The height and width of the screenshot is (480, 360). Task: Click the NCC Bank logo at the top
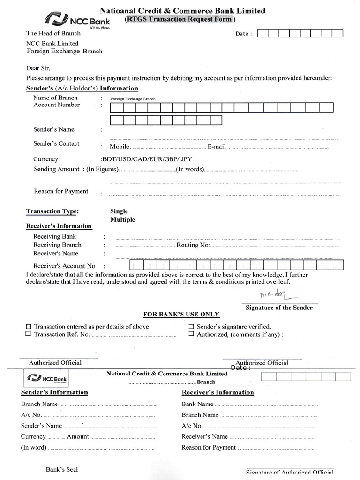pos(77,20)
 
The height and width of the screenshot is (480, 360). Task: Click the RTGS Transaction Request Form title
pos(180,19)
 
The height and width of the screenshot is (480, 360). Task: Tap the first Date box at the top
pos(263,33)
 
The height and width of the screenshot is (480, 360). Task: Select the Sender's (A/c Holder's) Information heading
pos(82,88)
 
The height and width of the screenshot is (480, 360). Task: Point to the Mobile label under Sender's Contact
pos(120,147)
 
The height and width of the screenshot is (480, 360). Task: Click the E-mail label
pos(217,147)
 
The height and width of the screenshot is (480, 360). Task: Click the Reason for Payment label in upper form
pos(61,191)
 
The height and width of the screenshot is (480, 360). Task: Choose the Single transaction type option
pos(119,211)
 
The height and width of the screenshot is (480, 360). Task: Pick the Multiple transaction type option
pos(122,219)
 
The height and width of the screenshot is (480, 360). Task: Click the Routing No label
pos(193,245)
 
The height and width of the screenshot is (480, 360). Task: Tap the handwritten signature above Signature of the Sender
pos(274,295)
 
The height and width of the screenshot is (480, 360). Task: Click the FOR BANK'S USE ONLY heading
pos(181,314)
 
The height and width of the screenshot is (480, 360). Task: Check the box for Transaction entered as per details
pos(28,327)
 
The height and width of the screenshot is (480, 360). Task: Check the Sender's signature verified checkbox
pos(191,327)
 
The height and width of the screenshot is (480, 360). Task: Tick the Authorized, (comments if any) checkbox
pos(191,334)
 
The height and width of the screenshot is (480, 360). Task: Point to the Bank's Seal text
pos(62,469)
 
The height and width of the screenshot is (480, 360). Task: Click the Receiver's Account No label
pos(64,266)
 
